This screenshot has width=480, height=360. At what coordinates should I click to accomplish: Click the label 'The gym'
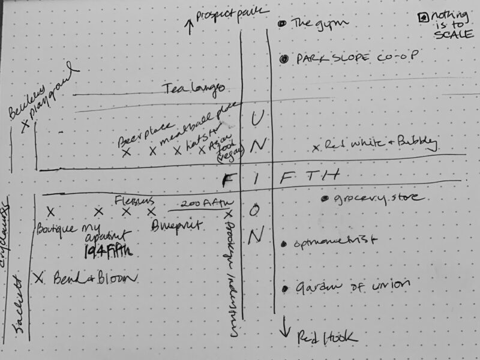(x=312, y=24)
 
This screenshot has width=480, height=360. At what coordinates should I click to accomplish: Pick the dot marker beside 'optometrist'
(x=283, y=244)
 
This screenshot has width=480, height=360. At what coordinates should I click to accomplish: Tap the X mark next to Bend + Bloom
(x=39, y=277)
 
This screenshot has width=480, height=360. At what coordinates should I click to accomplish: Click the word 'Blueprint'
(x=178, y=226)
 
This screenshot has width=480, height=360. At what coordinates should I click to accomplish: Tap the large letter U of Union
(x=256, y=117)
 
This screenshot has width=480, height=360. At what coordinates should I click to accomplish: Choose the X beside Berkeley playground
(x=25, y=125)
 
